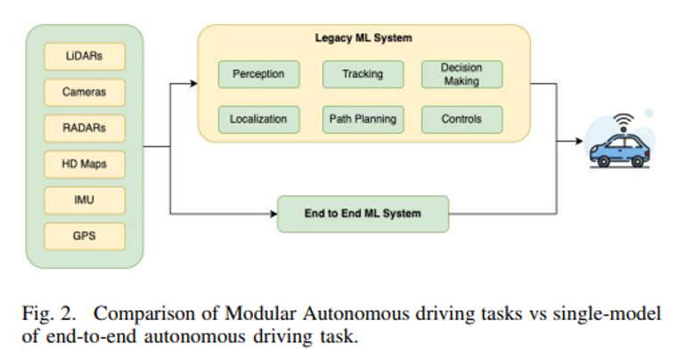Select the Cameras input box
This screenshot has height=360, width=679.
85,92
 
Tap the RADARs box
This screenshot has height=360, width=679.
85,127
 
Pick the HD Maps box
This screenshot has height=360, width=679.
85,164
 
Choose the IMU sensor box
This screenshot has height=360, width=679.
85,200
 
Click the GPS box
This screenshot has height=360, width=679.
85,236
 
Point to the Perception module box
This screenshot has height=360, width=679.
258,74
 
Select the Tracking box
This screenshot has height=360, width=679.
362,74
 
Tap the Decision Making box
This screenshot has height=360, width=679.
461,74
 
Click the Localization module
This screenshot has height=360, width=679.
258,119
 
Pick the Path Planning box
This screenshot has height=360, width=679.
362,119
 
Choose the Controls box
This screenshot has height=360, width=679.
461,119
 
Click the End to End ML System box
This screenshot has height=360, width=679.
362,214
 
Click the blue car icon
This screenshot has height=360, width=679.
619,151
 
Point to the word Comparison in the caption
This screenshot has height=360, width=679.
143,315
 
